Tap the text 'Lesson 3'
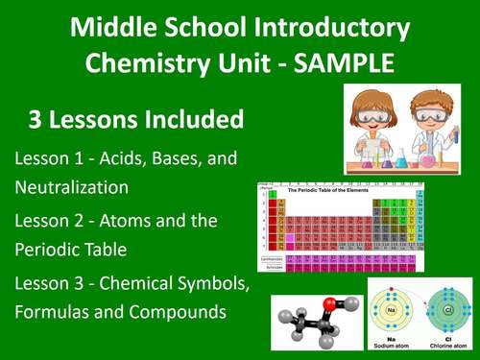[x=48, y=285]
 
